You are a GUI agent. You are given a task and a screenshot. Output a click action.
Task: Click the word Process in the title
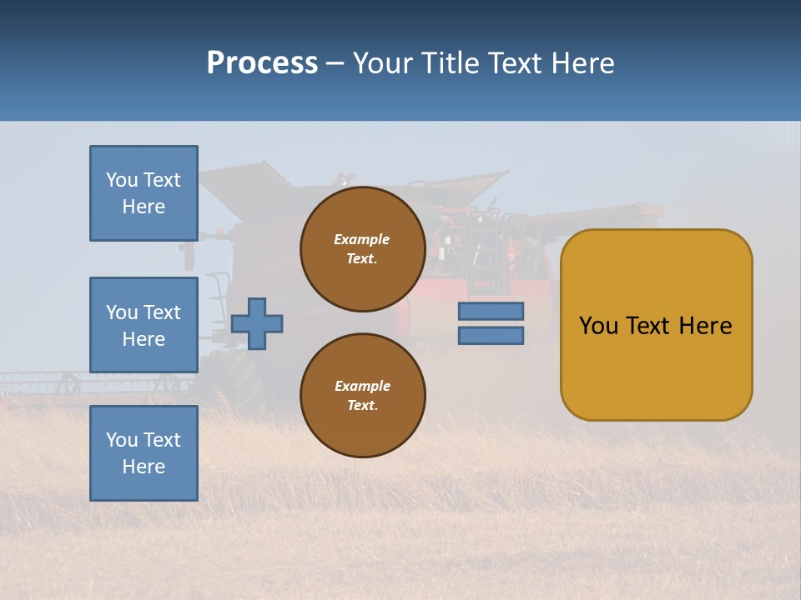coord(262,63)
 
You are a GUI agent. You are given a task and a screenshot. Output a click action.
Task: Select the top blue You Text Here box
coord(144,193)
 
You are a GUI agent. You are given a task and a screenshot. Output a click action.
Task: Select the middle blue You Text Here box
coord(144,325)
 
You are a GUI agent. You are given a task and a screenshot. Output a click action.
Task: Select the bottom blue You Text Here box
coord(144,453)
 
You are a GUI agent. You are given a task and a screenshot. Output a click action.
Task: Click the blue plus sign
coord(257,323)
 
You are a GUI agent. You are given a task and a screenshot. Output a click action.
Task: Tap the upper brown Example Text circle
coord(363,249)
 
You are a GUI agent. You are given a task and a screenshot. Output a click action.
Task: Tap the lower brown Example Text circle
coord(363,396)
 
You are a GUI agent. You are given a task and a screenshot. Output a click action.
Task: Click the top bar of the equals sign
coord(491,312)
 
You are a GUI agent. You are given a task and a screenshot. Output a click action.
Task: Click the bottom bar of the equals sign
coord(491,336)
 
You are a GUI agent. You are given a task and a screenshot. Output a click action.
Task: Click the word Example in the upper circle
coord(362,240)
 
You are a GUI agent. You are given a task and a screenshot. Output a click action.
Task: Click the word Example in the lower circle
coord(362,387)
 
